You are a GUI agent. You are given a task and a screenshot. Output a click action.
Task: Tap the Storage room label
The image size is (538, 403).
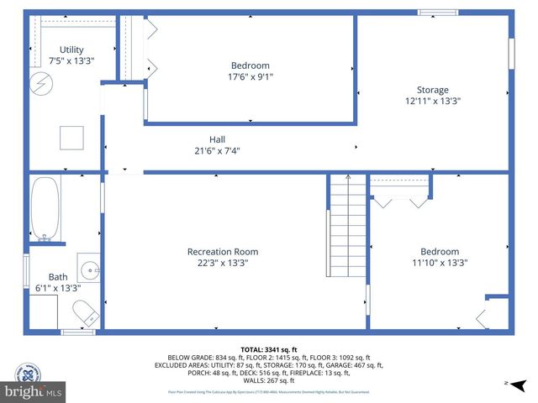coord(433,90)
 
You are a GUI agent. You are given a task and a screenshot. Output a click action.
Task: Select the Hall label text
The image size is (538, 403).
coord(217,139)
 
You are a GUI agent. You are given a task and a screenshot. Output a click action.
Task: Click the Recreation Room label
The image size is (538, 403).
coord(223,251)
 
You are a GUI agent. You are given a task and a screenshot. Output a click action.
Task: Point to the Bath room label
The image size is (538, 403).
coord(58,276)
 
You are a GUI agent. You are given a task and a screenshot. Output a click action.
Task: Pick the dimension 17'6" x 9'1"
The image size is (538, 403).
coord(251,76)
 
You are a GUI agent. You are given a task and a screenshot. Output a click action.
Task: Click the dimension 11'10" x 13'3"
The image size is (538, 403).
coord(440,263)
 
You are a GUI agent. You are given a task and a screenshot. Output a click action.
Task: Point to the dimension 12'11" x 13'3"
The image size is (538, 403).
coord(433,101)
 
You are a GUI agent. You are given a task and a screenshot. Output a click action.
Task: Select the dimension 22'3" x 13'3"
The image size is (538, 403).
coord(223,263)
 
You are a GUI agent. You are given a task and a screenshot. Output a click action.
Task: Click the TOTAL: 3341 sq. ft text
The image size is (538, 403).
coord(268,349)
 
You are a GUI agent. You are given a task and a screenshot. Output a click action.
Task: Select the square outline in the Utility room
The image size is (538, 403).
coord(71,137)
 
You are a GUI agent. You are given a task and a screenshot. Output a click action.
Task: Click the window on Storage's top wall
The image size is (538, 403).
coord(438,13)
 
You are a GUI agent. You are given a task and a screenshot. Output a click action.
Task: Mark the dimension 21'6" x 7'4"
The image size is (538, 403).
coord(217,151)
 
